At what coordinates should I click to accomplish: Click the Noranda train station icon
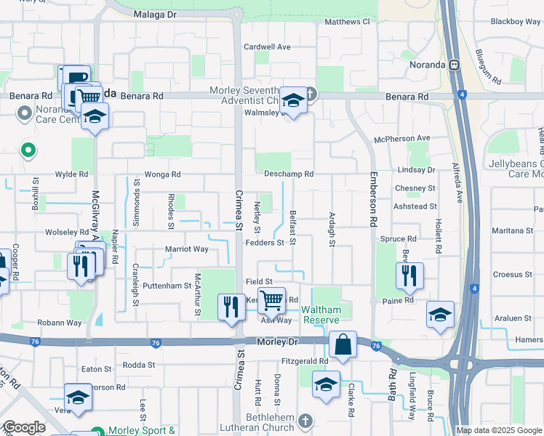[x=454, y=64]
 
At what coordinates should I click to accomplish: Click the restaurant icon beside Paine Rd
[x=409, y=275]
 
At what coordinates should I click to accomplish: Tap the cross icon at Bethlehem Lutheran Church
[x=305, y=421]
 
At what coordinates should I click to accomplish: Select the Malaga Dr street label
[x=156, y=14]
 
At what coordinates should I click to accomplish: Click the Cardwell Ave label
[x=267, y=47]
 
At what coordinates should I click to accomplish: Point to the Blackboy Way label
[x=516, y=22]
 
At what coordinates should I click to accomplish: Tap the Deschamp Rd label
[x=288, y=174]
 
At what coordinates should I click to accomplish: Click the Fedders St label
[x=264, y=243]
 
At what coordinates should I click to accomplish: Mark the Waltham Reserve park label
[x=321, y=315]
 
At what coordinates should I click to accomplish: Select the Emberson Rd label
[x=372, y=206]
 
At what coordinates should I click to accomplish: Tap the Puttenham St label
[x=167, y=286]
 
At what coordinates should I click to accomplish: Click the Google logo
[x=23, y=427]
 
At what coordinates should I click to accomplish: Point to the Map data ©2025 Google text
[x=498, y=430]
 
